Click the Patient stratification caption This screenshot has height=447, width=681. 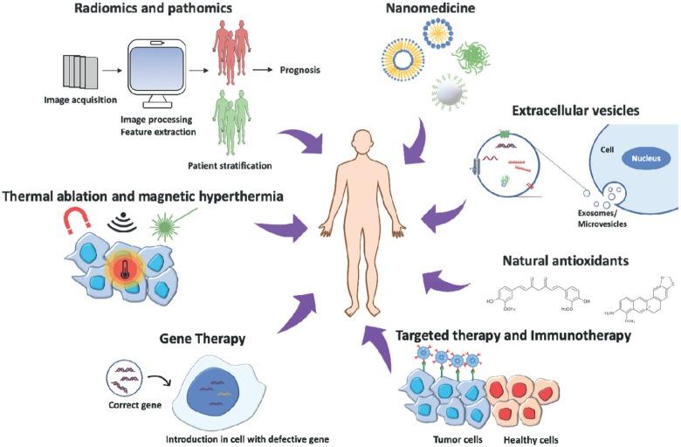pyautogui.click(x=227, y=164)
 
